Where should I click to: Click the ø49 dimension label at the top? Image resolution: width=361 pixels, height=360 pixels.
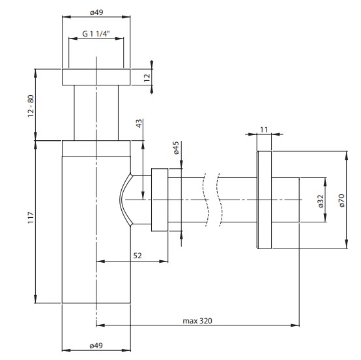(x=96, y=12)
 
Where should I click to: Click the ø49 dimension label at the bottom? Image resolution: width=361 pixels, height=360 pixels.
(x=96, y=346)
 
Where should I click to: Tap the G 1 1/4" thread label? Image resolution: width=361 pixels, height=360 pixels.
(x=96, y=34)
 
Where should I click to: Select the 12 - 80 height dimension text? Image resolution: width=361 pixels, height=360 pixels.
(x=31, y=106)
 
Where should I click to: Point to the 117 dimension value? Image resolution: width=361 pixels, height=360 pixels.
(x=31, y=218)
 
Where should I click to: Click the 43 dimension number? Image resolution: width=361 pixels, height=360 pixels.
(x=139, y=123)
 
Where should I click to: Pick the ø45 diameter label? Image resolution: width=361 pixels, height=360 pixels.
(x=176, y=148)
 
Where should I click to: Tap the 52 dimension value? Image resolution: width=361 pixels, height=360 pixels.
(x=137, y=256)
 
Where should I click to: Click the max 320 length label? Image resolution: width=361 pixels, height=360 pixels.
(x=197, y=321)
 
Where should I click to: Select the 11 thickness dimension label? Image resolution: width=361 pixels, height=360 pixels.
(x=264, y=130)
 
